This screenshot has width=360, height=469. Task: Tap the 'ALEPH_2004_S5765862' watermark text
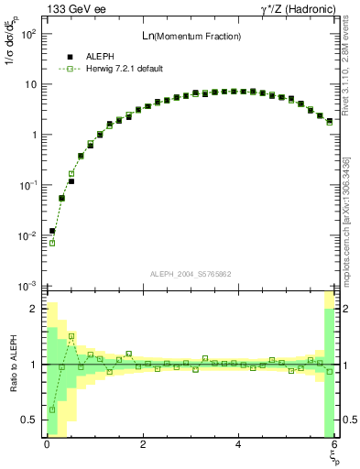tap(189, 274)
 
